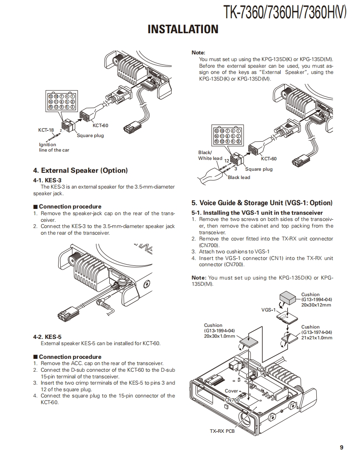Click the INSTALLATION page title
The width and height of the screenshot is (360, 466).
(183, 29)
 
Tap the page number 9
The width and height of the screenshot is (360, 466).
(341, 447)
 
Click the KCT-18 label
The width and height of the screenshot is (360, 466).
(46, 130)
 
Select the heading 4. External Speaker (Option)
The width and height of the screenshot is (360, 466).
(80, 171)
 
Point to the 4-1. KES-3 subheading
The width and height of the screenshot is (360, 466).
(47, 180)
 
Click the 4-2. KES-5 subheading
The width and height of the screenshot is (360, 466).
(47, 337)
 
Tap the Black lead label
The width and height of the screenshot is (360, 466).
(239, 177)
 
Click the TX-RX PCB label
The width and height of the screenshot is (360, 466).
(222, 431)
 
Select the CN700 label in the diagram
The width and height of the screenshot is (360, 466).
(232, 400)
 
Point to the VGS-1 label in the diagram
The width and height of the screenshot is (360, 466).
(268, 310)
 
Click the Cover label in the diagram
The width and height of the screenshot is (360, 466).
(232, 391)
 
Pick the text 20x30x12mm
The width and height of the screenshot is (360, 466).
(316, 305)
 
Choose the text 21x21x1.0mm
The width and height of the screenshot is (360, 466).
(317, 338)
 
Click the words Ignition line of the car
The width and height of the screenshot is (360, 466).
(54, 147)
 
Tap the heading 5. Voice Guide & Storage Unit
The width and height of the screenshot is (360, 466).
(262, 203)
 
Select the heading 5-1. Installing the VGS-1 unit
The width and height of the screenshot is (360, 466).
(257, 213)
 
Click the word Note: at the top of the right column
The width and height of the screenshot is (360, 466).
(198, 53)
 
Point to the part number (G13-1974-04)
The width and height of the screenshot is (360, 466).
(317, 332)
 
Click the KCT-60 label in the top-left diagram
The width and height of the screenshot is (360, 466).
(100, 125)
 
